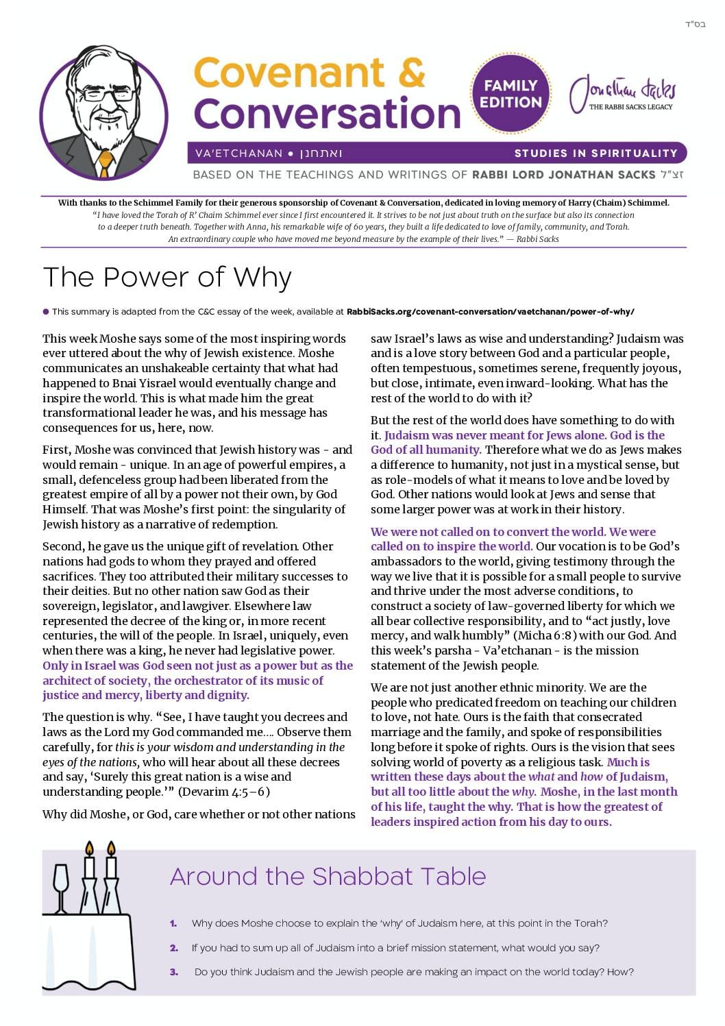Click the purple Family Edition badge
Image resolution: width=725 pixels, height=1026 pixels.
pos(511,95)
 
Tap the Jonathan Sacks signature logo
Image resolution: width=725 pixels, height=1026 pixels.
pos(623,93)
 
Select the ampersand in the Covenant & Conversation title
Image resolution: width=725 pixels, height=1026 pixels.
pos(410,73)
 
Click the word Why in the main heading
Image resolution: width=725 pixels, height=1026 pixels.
pos(262,278)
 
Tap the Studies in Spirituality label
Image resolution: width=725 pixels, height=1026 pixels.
pos(595,153)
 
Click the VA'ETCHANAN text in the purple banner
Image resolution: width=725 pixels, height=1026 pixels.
pos(239,154)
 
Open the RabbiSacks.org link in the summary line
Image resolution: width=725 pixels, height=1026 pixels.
pos(491,312)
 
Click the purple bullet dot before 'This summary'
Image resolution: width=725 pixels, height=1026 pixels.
pos(46,312)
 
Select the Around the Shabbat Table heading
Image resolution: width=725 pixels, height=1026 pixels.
pos(328,876)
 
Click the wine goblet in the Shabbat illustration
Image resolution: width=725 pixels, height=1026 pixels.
pos(61,885)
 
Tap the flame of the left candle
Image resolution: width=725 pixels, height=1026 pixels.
pos(88,850)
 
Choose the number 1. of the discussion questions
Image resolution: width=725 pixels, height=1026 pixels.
pos(174,923)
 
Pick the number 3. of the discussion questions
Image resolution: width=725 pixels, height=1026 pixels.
pos(174,972)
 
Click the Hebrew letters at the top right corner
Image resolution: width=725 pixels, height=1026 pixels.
pos(695,25)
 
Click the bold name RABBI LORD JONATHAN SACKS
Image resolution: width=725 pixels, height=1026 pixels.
pos(564,175)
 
